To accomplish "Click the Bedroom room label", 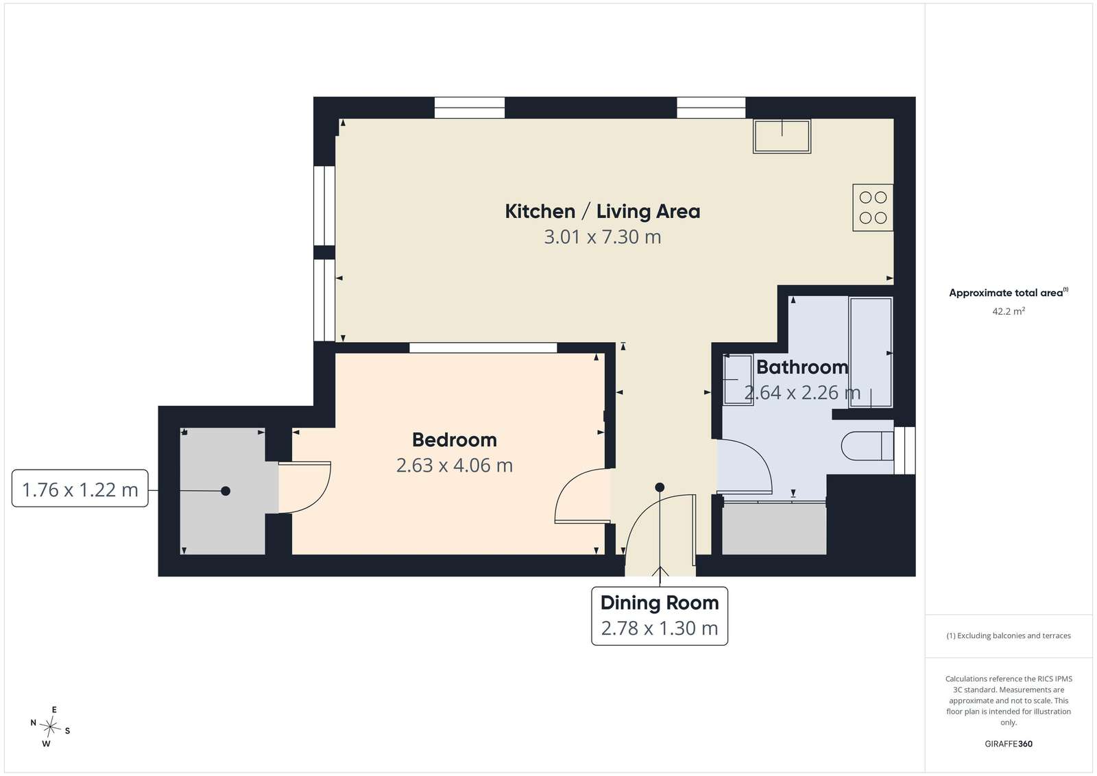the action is pos(455,439).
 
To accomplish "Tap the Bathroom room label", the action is pos(802,367).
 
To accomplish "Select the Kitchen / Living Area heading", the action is pos(603,212).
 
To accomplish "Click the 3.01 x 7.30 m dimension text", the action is pos(603,237).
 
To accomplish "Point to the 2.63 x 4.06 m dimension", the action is pos(455,465).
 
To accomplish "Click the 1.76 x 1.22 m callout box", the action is pos(80,489).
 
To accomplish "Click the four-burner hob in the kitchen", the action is pos(873,208).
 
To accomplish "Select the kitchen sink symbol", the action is pos(782,136).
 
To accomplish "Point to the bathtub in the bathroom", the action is pos(871,352).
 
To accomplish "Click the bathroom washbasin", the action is pos(738,380).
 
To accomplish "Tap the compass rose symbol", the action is pos(50,727).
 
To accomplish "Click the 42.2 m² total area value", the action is pos(1009,311).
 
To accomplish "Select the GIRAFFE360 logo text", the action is pos(1009,744).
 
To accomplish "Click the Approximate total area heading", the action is pos(1009,293).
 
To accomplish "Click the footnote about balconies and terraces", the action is pos(1009,635).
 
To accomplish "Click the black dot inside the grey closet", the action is pos(226,491).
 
